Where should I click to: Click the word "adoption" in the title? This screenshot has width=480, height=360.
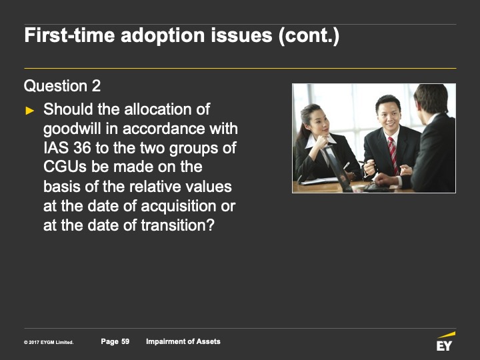point(163,35)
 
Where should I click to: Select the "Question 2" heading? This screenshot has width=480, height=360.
point(62,86)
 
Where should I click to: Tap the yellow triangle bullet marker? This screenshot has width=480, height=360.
point(30,111)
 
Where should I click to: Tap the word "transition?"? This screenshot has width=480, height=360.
point(177,225)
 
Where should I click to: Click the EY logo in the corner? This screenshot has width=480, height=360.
point(445,341)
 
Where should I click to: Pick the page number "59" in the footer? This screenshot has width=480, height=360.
point(125,341)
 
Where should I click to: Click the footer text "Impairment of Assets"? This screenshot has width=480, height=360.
point(183,341)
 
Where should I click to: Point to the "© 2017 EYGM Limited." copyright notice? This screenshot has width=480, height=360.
point(49,342)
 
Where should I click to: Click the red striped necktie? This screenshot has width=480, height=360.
point(393,155)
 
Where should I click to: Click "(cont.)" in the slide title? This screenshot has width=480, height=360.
point(309,35)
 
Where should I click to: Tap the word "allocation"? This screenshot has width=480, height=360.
point(159,109)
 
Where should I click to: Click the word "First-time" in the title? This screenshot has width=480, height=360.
point(69,35)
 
